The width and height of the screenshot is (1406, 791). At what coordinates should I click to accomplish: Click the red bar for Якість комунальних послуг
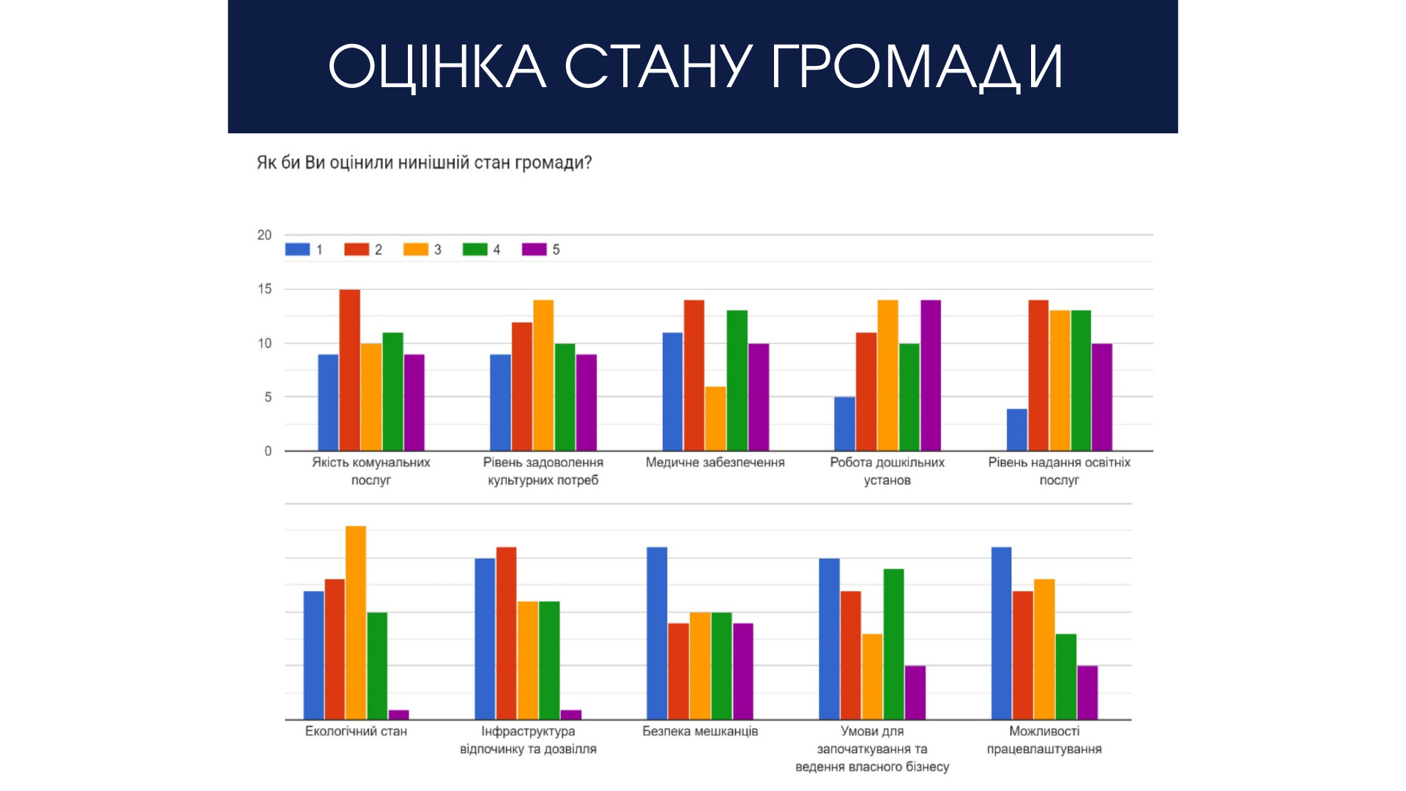(349, 370)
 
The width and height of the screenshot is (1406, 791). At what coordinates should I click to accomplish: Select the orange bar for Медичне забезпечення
(715, 418)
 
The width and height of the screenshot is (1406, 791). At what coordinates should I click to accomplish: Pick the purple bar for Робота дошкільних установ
(931, 375)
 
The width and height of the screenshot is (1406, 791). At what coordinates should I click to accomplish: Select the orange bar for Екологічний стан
(356, 623)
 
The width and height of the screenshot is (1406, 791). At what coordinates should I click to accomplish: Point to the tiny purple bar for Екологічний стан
(398, 714)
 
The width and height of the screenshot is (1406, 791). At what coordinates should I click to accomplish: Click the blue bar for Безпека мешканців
(657, 633)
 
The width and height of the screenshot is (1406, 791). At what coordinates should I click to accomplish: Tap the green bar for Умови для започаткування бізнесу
(893, 644)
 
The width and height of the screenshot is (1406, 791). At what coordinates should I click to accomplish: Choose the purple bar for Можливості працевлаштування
(1087, 692)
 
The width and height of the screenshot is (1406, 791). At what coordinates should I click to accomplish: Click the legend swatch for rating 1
(297, 250)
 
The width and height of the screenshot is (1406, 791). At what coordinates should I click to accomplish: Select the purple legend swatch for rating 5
(534, 250)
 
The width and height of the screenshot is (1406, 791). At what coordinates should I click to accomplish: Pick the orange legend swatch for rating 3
(415, 250)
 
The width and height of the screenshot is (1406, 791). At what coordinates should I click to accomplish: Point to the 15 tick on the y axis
(264, 289)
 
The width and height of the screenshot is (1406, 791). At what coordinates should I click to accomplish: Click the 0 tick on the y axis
(268, 451)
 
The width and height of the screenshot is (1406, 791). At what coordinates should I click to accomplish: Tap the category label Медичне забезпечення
(715, 462)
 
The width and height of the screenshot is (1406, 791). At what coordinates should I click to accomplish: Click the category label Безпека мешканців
(700, 731)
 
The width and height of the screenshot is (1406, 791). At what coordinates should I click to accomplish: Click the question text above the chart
(424, 163)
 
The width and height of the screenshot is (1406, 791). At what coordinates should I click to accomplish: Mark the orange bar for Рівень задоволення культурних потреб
(543, 375)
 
